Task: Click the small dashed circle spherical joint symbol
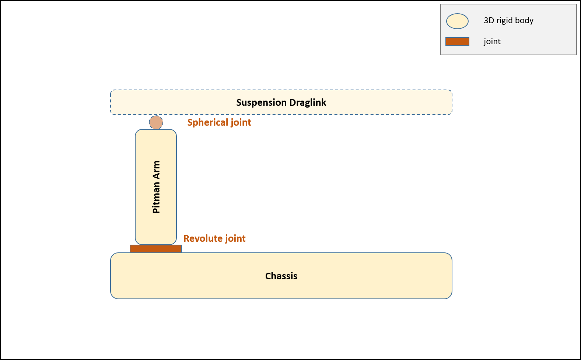coord(156,122)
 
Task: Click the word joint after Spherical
coord(241,123)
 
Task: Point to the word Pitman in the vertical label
coord(156,198)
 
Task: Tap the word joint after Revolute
coord(235,239)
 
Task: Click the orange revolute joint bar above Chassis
coord(155,249)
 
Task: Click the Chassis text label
coord(281,276)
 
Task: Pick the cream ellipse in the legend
coord(457,21)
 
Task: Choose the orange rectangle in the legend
coord(457,41)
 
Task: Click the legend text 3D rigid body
coord(508,21)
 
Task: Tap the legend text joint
coord(492,41)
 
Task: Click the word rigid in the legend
coord(504,21)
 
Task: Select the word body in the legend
coord(524,21)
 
